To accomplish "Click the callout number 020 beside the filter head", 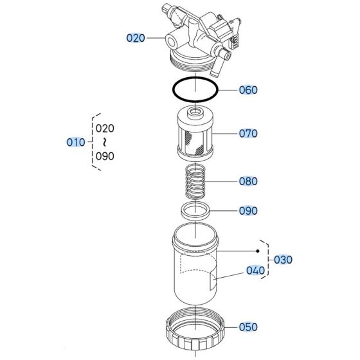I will (136, 39).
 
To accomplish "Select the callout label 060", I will (248, 90).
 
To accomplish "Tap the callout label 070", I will (248, 134).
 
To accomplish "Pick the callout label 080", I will (248, 181).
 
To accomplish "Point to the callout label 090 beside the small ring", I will (248, 211).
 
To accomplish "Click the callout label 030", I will (283, 260).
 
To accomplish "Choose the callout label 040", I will (255, 271).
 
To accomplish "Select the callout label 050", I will (248, 327).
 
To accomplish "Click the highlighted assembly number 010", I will (76, 141).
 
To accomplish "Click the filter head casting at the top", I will (195, 35).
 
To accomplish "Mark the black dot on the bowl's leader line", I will (258, 251).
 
